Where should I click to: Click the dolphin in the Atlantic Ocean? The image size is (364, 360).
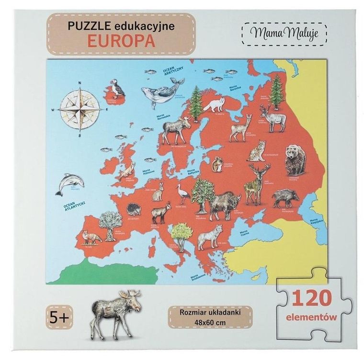[x=69, y=183]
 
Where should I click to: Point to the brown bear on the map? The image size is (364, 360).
[x=295, y=160]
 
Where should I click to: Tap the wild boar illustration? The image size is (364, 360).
[x=285, y=198]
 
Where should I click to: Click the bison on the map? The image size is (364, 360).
[x=224, y=203]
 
